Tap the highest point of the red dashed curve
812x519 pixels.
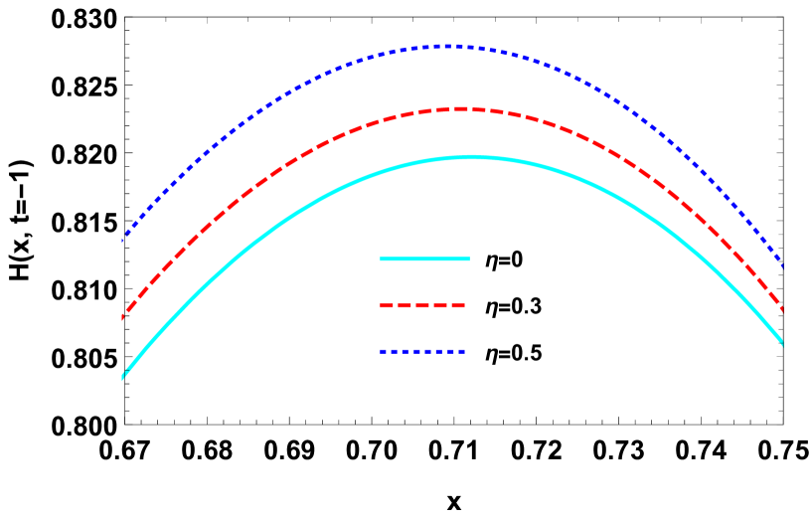tap(461, 108)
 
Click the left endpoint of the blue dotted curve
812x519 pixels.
tap(122, 241)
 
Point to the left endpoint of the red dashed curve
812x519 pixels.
tap(122, 317)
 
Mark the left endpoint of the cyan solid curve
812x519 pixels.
tap(122, 377)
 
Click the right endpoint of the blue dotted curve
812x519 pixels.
tap(783, 266)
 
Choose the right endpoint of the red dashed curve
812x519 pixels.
tap(783, 309)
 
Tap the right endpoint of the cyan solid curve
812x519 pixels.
tap(783, 344)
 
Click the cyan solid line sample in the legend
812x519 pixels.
tap(424, 259)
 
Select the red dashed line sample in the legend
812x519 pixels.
tap(422, 305)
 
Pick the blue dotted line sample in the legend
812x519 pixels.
tap(422, 351)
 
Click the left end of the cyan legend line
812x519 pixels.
tap(381, 259)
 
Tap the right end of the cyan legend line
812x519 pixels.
tap(469, 259)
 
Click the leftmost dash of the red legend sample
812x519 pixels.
tap(388, 305)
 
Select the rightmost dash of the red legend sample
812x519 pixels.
tap(457, 305)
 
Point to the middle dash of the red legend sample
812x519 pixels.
tap(422, 305)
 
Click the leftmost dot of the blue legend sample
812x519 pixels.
tap(383, 351)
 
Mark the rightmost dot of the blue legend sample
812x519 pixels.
tap(462, 351)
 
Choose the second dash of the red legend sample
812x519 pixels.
tap(410, 305)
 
